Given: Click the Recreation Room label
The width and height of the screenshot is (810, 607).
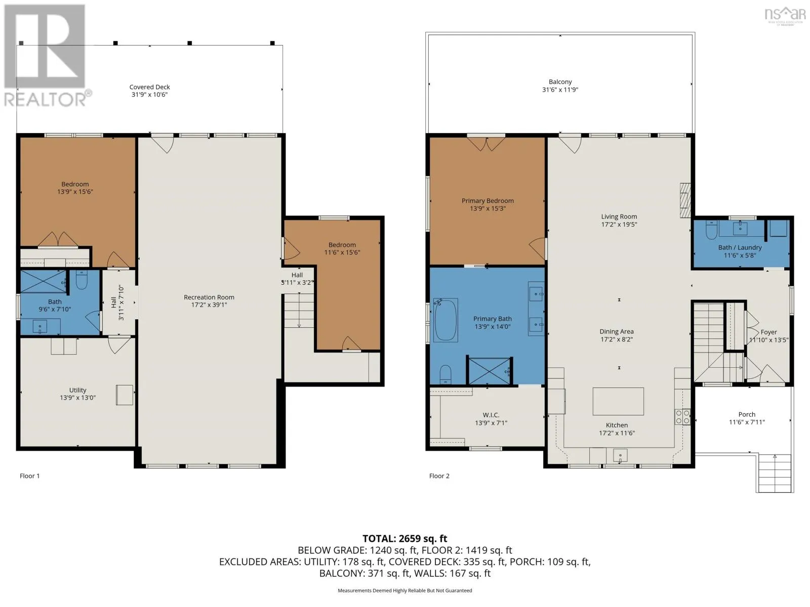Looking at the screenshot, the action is [209, 297].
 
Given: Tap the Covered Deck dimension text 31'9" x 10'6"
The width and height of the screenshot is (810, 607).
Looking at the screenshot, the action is [149, 95].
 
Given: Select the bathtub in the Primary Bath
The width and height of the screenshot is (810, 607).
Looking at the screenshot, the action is [445, 319].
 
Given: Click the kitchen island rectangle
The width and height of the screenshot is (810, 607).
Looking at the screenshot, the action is [618, 401].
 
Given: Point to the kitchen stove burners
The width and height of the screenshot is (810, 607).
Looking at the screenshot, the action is [682, 417].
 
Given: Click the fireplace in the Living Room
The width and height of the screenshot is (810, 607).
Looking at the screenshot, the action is [685, 200].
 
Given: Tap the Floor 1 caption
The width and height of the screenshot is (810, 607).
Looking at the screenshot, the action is [29, 476].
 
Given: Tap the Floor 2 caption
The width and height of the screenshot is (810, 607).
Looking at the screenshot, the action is [439, 476].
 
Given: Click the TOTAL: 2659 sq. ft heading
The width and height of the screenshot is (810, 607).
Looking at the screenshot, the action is [405, 539].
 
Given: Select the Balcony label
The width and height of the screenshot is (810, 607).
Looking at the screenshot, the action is [560, 82].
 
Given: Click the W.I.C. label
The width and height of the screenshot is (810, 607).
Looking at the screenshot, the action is [491, 415].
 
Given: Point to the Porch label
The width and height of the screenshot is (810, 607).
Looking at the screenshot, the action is [747, 414].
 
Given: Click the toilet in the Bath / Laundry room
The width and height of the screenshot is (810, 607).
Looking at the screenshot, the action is [711, 230].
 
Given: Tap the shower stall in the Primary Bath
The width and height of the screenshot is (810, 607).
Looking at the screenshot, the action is [490, 371].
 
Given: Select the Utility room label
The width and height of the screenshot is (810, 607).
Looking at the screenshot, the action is [77, 390].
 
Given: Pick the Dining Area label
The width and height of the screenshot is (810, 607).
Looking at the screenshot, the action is [617, 331].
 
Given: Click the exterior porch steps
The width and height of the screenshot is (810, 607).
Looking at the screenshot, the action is [775, 473].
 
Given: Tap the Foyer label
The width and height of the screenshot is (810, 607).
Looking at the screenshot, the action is [768, 332].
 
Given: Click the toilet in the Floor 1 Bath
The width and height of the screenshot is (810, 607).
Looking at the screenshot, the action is [82, 280].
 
